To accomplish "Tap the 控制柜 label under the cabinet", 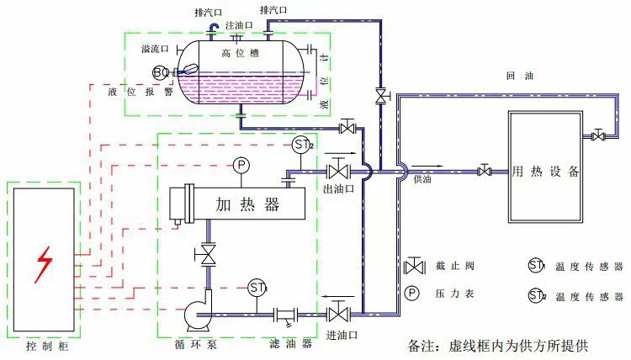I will point(44,346).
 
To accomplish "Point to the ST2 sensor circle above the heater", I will point(303,146).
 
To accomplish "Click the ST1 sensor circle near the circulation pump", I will point(257,288).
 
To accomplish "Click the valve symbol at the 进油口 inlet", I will point(338,315).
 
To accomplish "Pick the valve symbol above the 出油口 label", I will point(338,172).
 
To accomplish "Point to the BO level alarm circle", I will point(161,72).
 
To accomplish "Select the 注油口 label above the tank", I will point(238,25).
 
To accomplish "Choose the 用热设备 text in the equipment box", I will point(545,172).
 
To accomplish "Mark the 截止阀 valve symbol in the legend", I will point(414,267).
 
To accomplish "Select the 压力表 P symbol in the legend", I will point(412,294).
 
